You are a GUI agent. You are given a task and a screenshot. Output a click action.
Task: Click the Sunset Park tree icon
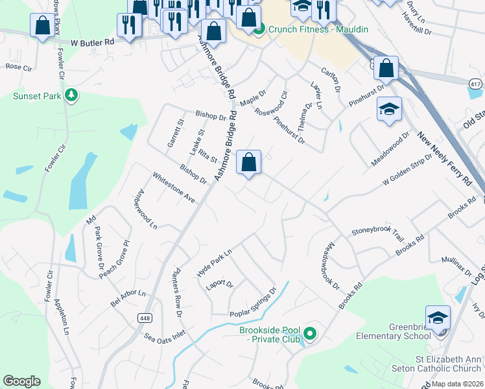[x=71, y=96]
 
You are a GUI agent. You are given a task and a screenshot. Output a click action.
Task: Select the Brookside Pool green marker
[x=310, y=334]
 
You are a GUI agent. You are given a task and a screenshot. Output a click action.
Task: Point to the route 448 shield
[x=143, y=317]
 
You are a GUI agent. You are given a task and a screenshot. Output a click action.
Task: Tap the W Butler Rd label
[x=92, y=41]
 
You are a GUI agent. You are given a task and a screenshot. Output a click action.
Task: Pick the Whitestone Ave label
[x=174, y=187]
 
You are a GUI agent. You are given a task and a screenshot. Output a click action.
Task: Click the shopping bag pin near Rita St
[x=248, y=163]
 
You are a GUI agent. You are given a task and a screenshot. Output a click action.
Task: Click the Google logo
[x=21, y=381]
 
